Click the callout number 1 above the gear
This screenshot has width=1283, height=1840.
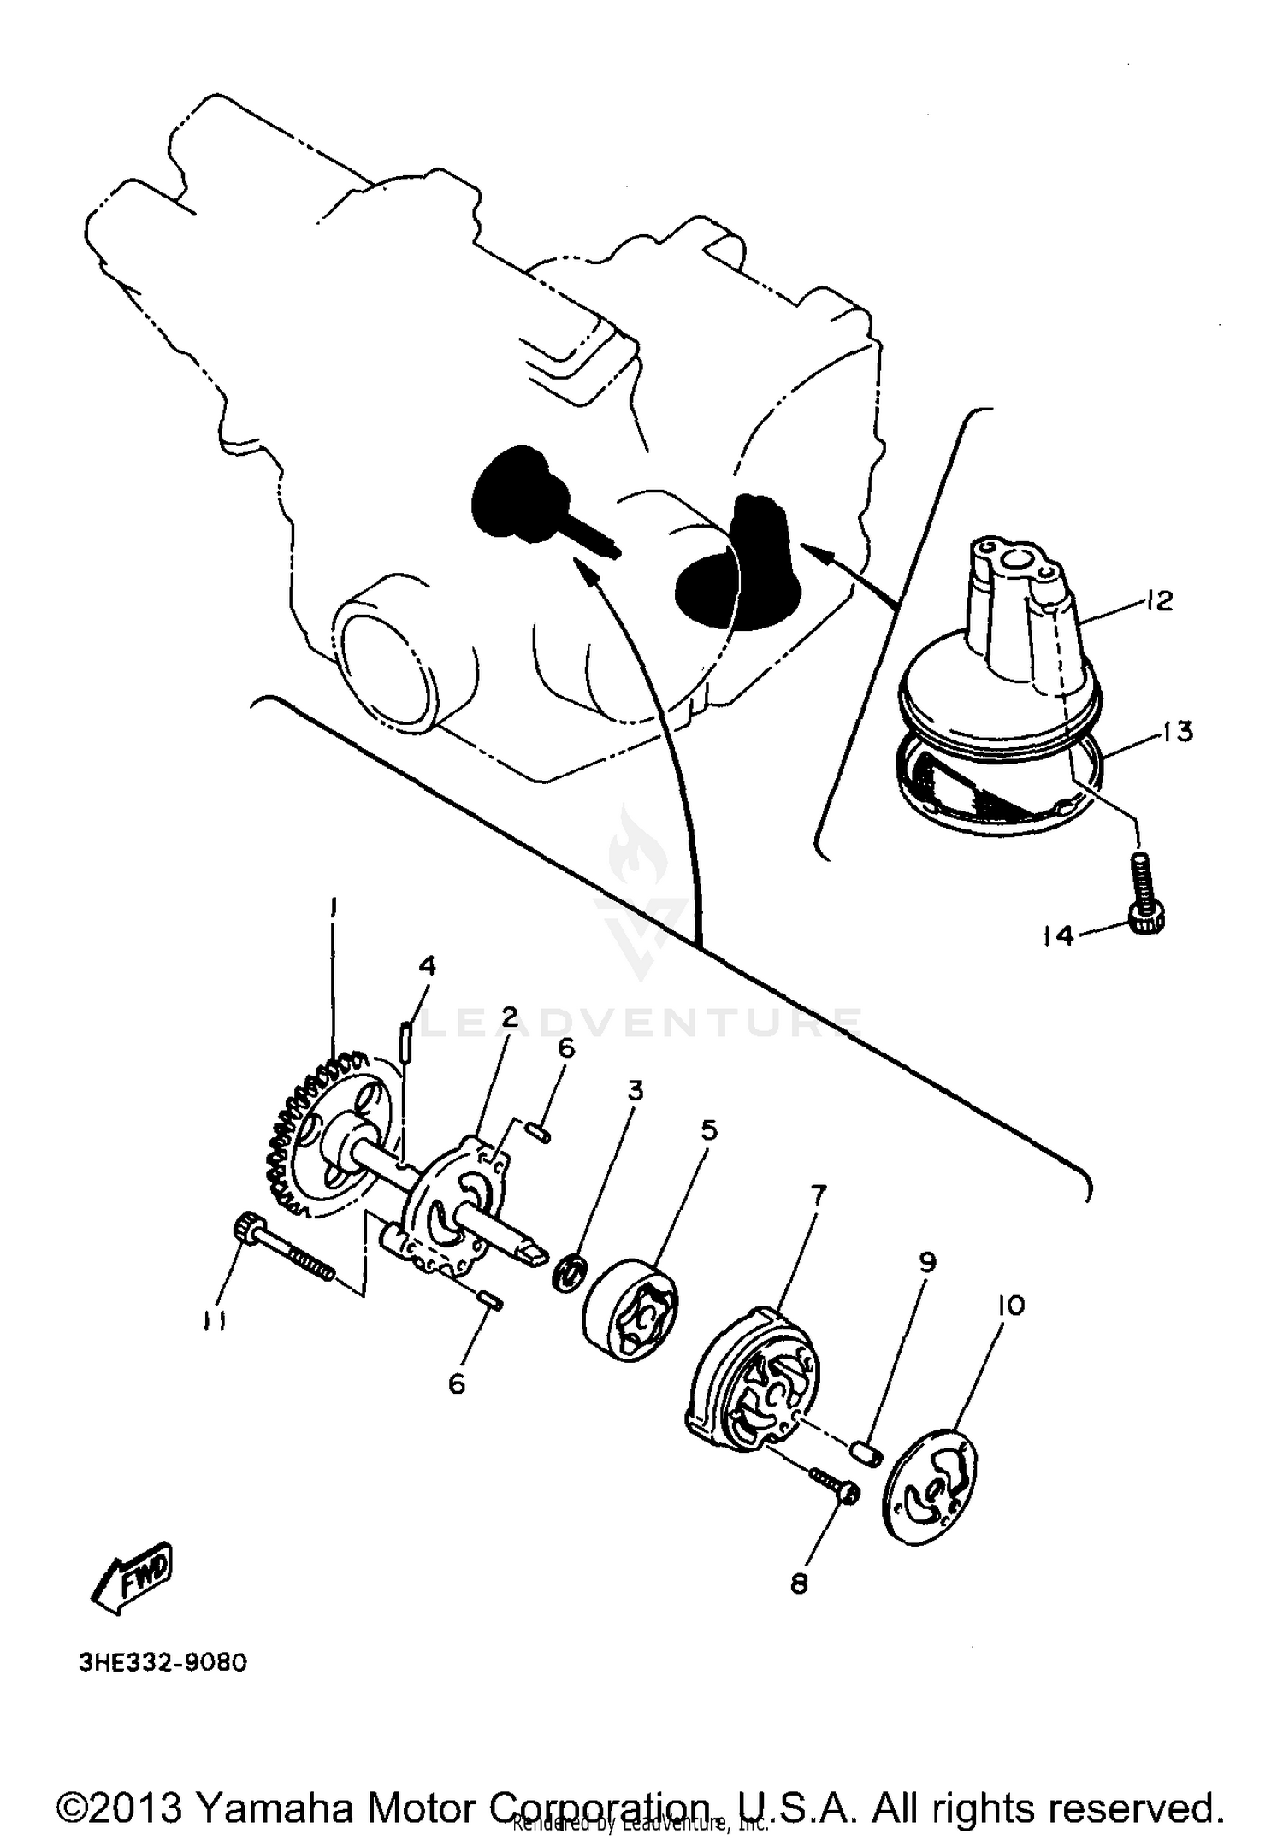(334, 907)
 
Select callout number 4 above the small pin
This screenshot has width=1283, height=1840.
(427, 966)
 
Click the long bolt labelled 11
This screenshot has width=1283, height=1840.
(282, 1249)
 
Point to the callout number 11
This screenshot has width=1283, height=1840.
(214, 1323)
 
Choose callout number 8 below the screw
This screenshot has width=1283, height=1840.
(799, 1584)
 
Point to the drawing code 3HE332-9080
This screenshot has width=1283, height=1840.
(163, 1663)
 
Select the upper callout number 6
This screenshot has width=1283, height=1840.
(566, 1048)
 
